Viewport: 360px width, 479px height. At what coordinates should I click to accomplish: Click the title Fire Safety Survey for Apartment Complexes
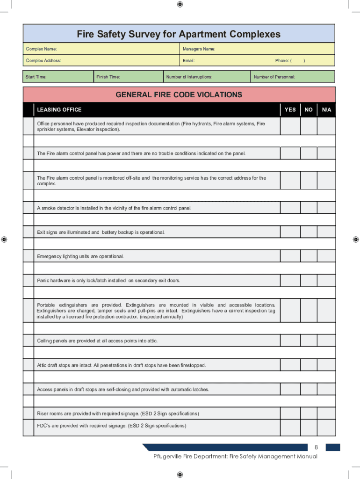179,34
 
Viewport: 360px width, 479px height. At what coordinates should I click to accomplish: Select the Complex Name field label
42,49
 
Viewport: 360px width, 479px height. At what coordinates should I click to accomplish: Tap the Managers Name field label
199,49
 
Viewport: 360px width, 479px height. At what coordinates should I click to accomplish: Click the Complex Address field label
43,60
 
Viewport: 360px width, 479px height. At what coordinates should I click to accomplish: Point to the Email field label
188,60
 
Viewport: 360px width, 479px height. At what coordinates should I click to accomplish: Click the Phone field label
283,60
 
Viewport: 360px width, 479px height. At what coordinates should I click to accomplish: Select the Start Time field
58,77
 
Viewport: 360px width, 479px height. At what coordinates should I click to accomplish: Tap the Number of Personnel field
292,77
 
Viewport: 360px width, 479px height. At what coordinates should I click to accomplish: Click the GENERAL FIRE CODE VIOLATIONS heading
179,94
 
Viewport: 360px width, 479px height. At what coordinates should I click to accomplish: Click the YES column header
290,109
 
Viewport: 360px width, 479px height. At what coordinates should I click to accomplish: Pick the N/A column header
326,109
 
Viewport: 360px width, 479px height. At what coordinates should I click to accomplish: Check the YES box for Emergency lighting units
290,256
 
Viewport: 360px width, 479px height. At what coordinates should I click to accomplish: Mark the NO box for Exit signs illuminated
309,232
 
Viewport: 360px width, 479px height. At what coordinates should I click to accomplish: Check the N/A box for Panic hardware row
326,281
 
